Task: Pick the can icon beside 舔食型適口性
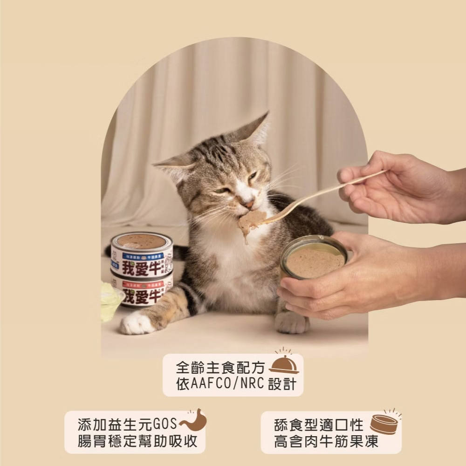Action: pyautogui.click(x=384, y=424)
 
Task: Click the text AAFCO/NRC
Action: pyautogui.click(x=228, y=384)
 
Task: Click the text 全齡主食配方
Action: pyautogui.click(x=220, y=368)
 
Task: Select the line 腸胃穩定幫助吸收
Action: pyautogui.click(x=137, y=440)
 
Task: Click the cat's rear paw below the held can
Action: pyautogui.click(x=291, y=322)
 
